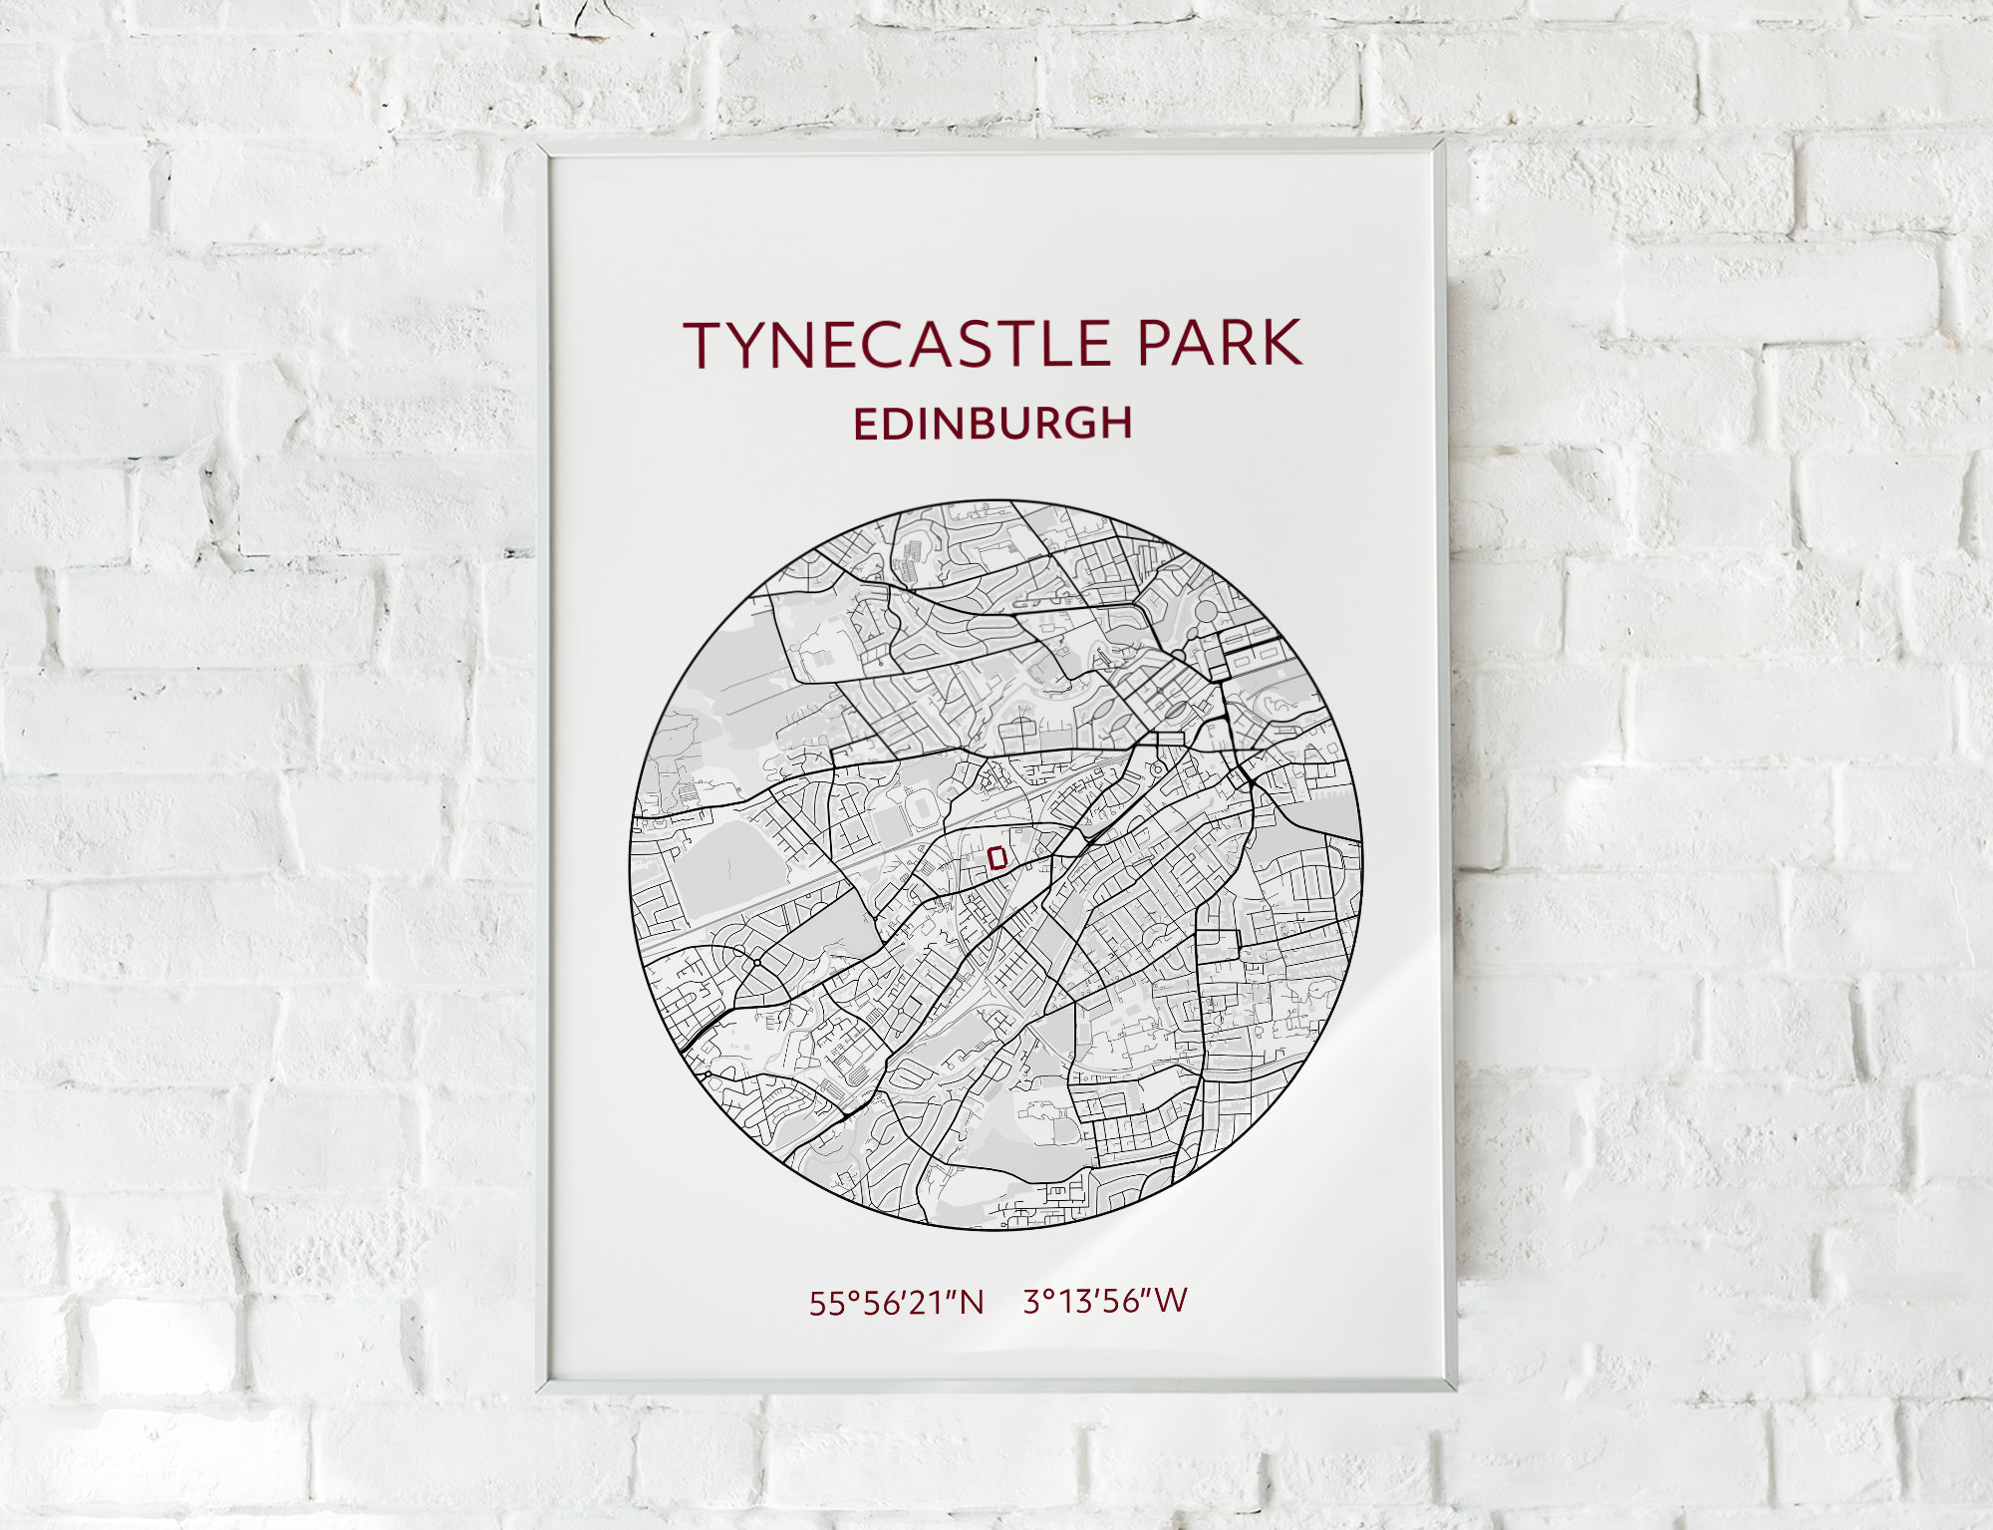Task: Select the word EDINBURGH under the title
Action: point(993,424)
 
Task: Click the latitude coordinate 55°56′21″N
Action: point(896,1303)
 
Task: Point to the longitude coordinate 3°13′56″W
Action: point(1105,1301)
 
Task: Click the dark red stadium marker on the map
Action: point(996,856)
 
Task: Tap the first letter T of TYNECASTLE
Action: point(706,344)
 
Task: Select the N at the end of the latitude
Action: point(972,1303)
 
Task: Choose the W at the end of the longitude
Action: point(1173,1300)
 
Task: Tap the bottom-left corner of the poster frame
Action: point(540,1387)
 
